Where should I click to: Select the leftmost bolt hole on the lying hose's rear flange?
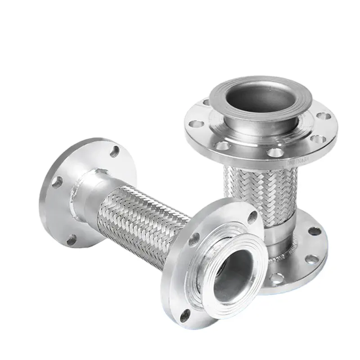(x=57, y=182)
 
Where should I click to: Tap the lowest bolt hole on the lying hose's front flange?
(x=185, y=315)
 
